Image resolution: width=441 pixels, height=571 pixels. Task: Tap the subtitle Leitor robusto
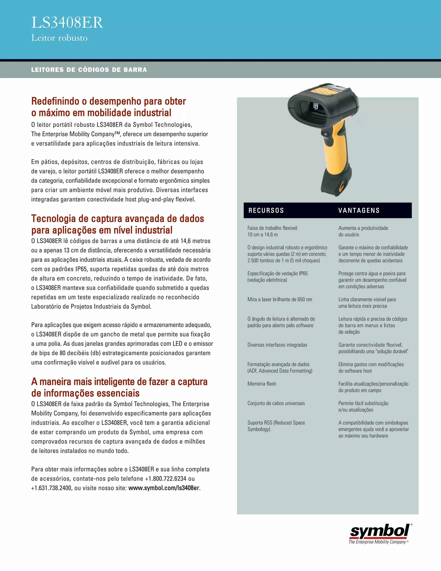(59, 38)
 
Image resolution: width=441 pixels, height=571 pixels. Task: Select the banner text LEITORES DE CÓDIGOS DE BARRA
(89, 70)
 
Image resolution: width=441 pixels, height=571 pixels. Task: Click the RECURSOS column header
(266, 211)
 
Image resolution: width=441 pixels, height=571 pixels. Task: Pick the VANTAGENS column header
(359, 211)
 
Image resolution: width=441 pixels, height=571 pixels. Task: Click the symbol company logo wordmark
(379, 532)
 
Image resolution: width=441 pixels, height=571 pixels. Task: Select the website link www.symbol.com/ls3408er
(164, 488)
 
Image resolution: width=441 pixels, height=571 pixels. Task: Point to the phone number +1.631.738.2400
(51, 488)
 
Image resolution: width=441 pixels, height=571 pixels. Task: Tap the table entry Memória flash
(262, 384)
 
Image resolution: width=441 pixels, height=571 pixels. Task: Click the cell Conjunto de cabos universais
(276, 403)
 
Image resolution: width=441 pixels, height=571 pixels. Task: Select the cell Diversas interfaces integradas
(277, 345)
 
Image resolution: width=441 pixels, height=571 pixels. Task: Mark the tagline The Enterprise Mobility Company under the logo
(377, 542)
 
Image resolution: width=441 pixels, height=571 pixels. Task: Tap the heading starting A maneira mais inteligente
(119, 387)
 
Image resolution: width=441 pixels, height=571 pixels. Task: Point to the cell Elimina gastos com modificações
(371, 367)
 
